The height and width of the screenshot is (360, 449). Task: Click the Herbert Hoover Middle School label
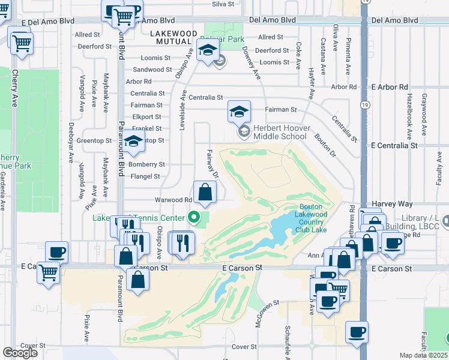click(281, 132)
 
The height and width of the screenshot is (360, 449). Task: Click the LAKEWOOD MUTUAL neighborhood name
click(173, 37)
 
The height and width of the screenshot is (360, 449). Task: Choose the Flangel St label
click(146, 176)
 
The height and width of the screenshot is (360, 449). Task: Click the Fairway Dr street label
click(211, 164)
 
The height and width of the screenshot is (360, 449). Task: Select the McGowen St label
click(258, 310)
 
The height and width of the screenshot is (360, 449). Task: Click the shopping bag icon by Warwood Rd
click(205, 193)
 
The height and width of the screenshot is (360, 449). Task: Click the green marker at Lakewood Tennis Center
click(193, 217)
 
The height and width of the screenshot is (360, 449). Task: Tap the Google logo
click(20, 353)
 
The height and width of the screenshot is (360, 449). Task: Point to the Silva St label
click(222, 4)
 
